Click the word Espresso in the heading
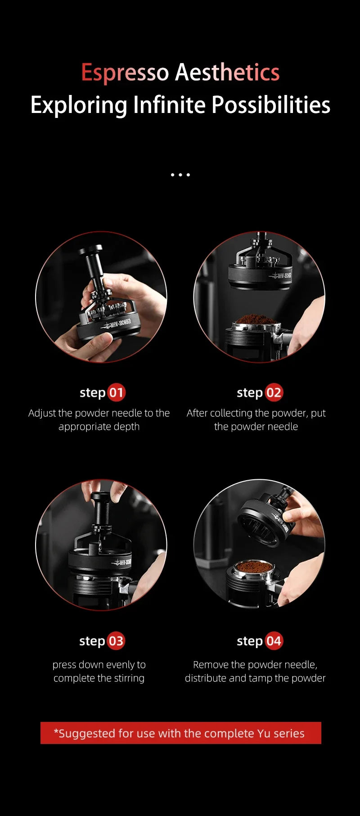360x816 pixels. tap(125, 72)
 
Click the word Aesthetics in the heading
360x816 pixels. tap(227, 72)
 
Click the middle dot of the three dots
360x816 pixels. tap(180, 175)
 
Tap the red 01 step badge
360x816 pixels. tap(116, 392)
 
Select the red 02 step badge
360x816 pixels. tap(274, 392)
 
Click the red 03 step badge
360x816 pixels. tap(116, 641)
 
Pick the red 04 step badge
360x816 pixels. tap(274, 641)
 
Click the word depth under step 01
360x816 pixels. tap(126, 427)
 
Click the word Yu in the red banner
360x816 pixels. tap(264, 733)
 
